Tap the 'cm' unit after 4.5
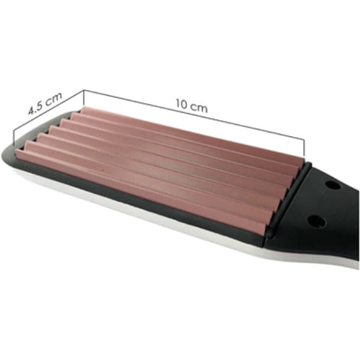(x=53, y=98)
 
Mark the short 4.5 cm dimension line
(x=49, y=110)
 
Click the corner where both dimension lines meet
(x=84, y=91)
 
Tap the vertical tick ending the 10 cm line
(x=304, y=148)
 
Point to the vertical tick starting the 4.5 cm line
(x=14, y=139)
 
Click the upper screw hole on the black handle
(x=333, y=185)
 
